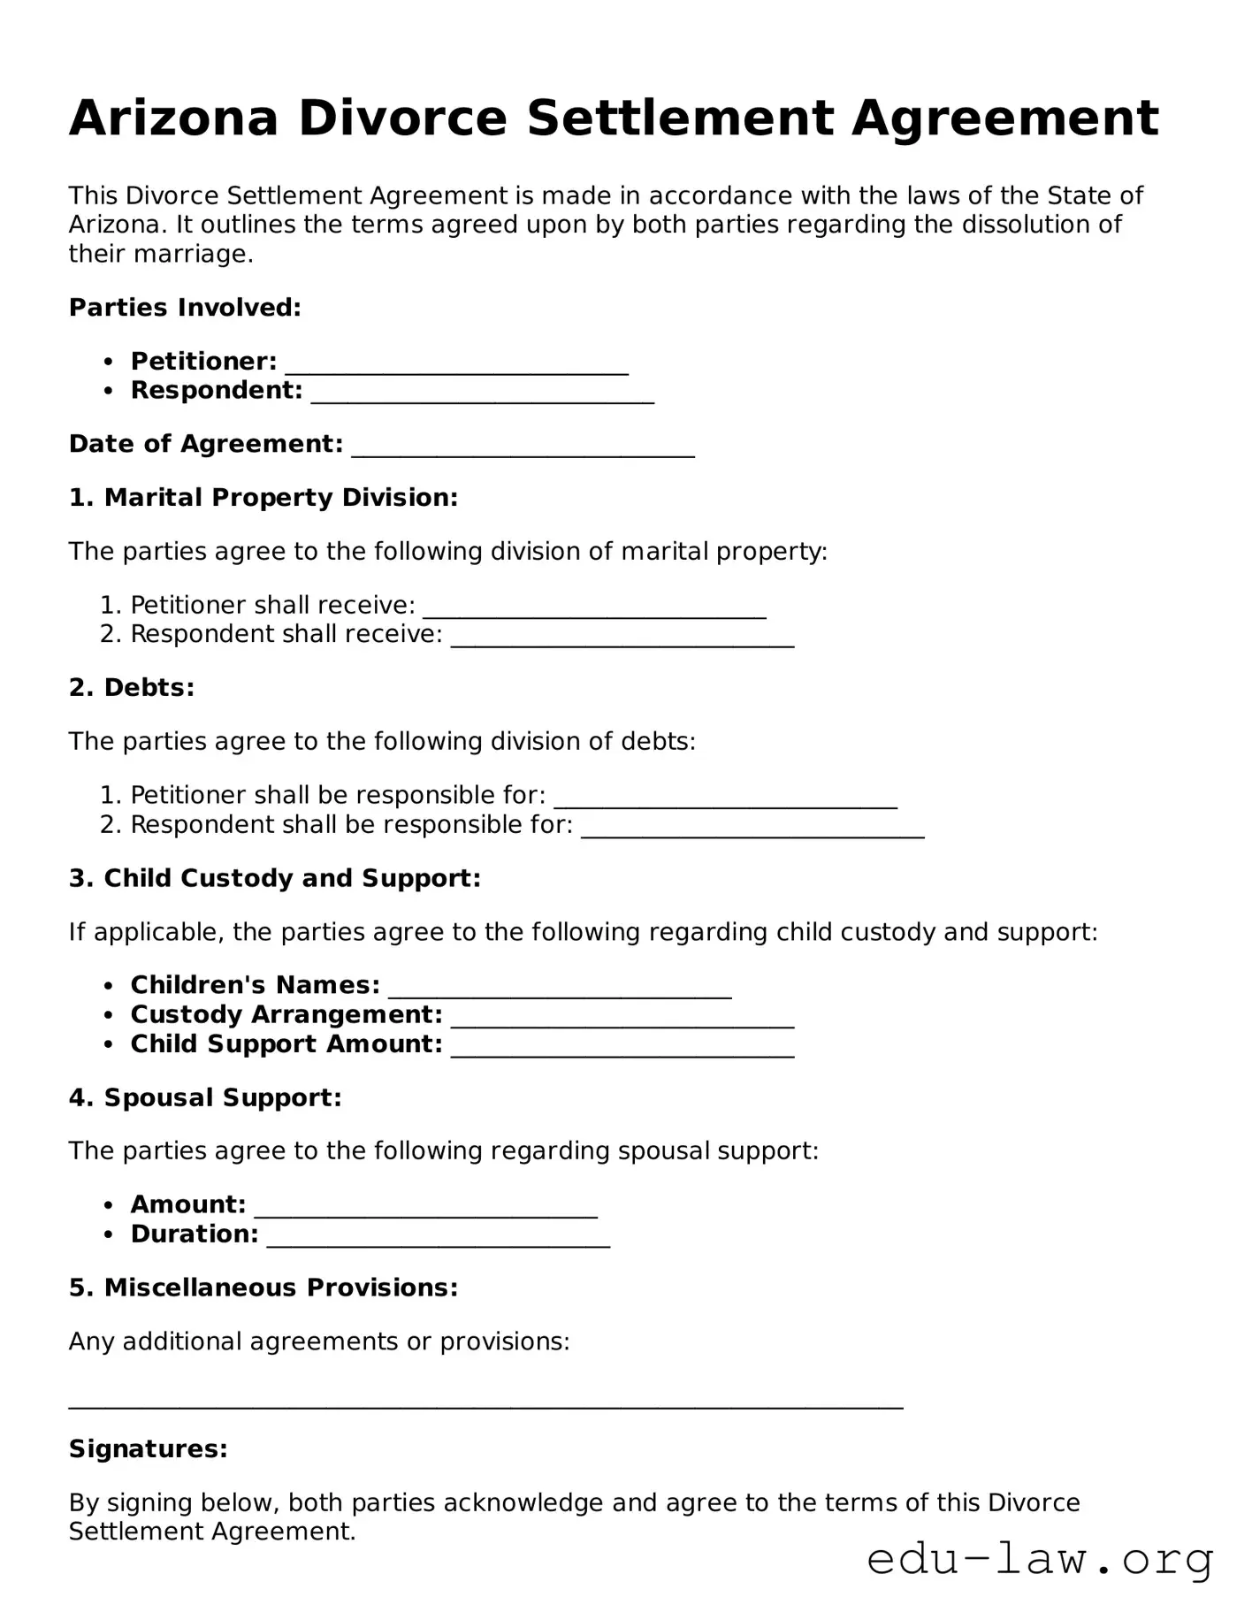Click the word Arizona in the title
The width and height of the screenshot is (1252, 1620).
click(x=173, y=118)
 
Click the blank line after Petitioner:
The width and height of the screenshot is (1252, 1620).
click(x=456, y=366)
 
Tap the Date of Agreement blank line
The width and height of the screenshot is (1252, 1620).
click(x=523, y=449)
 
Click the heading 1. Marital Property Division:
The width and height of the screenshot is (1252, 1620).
click(x=263, y=498)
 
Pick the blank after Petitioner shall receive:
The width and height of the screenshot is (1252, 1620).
click(x=594, y=610)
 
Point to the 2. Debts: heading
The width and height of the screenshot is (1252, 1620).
click(x=132, y=688)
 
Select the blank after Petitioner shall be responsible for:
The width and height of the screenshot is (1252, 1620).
click(x=725, y=800)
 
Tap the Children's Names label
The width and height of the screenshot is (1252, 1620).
click(x=255, y=985)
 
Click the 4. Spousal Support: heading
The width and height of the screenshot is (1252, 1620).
click(x=205, y=1098)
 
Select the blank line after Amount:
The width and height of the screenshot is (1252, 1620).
click(x=425, y=1210)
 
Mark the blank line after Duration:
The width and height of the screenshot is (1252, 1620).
click(x=438, y=1240)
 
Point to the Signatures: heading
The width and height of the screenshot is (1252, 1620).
click(x=149, y=1449)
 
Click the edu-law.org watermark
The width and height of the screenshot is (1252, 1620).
click(x=1040, y=1560)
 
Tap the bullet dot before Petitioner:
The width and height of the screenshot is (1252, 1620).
click(x=109, y=362)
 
